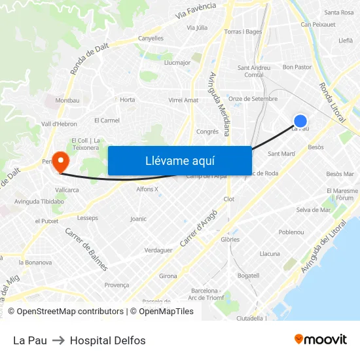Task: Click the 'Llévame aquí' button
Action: coord(179,160)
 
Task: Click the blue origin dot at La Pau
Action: coord(300,121)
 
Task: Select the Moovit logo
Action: coord(321,340)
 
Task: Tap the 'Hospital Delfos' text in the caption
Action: coord(108,340)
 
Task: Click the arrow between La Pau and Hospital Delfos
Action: coord(58,340)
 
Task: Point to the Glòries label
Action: coord(230,240)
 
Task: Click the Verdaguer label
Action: coord(158,250)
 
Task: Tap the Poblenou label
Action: coord(291,232)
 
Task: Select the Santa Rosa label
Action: coord(338,12)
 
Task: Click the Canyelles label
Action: coord(151,38)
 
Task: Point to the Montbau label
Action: coord(67,100)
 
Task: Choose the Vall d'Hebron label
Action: coord(59,124)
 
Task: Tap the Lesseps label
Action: coord(88,218)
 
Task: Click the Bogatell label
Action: coord(248,276)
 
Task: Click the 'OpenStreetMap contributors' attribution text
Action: coord(70,312)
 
